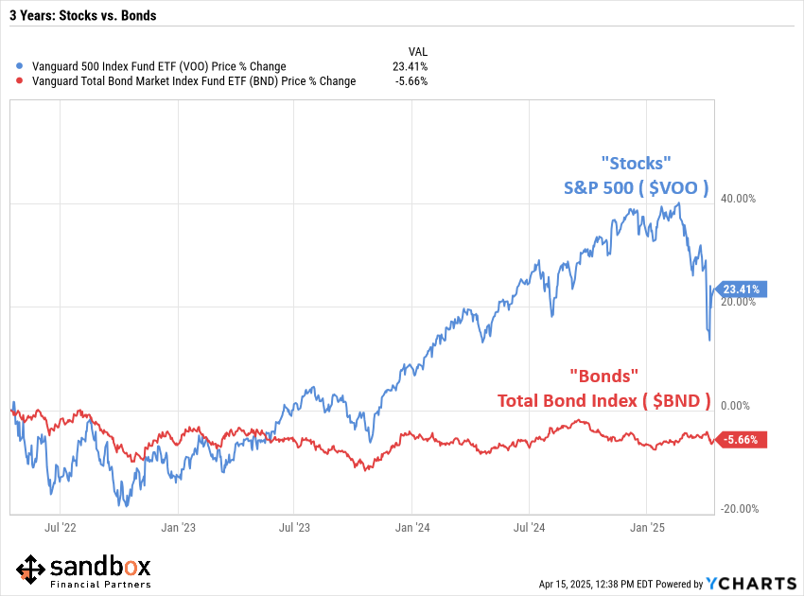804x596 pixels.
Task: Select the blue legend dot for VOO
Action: (21, 67)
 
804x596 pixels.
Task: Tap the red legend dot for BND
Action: (21, 81)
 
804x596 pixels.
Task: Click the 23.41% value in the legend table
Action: (411, 67)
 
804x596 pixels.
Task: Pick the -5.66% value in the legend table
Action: (412, 81)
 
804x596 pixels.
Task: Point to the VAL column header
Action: (417, 51)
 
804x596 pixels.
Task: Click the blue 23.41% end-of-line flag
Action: (743, 289)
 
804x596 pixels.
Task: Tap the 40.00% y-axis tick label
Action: (740, 199)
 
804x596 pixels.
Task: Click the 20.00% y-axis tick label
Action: (740, 302)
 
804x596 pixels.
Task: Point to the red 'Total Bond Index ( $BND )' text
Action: (603, 401)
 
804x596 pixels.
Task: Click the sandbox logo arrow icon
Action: (30, 570)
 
